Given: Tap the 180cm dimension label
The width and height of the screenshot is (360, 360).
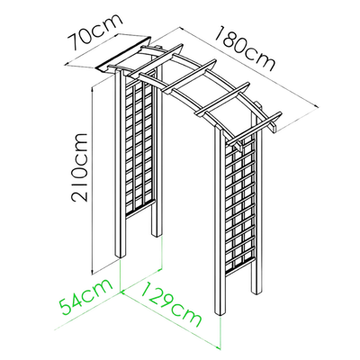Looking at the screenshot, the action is [x=245, y=49].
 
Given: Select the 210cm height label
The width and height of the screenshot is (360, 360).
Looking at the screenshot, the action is [x=79, y=167].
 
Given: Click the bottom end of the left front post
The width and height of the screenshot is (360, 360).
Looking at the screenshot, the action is [x=121, y=256].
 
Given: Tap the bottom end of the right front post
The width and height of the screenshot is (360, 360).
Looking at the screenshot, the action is [x=220, y=313].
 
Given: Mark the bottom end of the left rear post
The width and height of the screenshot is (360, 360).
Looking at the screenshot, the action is [x=156, y=235].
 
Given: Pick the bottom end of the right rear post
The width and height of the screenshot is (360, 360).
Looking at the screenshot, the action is [x=257, y=292].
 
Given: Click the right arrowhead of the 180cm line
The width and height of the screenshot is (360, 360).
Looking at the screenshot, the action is [x=316, y=105].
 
